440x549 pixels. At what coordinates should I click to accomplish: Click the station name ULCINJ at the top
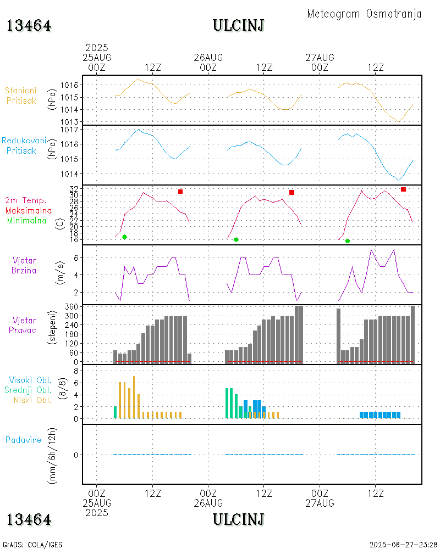pos(239,25)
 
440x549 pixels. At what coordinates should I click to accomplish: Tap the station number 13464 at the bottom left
pos(29,519)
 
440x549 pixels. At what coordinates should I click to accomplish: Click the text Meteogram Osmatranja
pos(364,14)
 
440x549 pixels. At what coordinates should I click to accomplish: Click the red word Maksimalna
pos(29,210)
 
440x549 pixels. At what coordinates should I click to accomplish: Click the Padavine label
pos(24,440)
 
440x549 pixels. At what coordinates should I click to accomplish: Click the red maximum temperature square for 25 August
pos(180,192)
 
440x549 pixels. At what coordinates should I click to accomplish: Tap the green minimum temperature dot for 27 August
pos(348,241)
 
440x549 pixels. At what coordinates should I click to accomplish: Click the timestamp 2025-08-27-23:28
pos(403,545)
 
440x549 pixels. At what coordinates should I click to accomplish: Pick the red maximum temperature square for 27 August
pos(403,189)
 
